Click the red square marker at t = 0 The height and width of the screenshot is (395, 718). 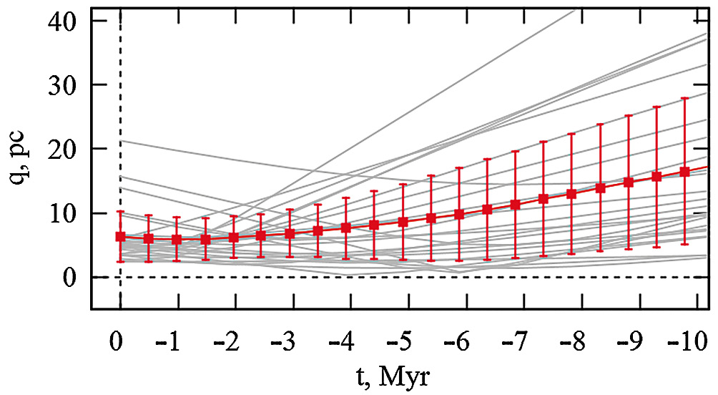(120, 236)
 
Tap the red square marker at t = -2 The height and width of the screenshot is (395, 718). (234, 237)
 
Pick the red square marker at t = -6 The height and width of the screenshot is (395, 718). (459, 213)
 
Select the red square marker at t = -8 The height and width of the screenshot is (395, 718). (571, 193)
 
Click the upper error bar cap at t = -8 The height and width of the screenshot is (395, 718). (571, 134)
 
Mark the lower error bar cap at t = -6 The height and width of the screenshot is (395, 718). (459, 261)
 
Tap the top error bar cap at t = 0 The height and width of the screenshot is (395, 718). (120, 212)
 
